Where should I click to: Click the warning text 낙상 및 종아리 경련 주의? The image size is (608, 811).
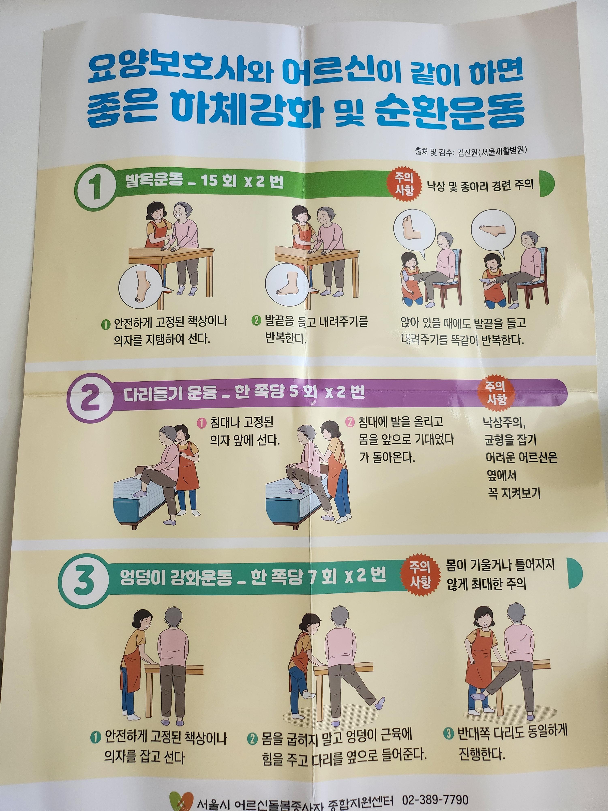pos(483,185)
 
